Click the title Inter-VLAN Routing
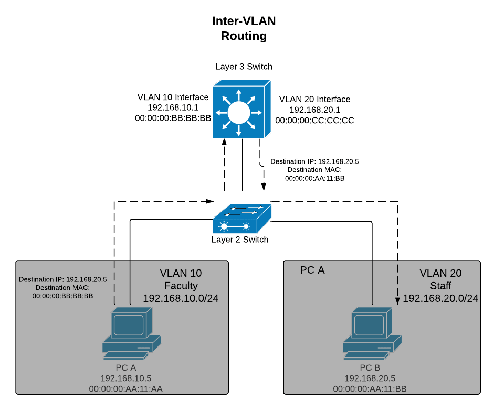tap(244, 28)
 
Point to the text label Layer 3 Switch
tap(244, 67)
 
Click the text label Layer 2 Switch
tap(240, 240)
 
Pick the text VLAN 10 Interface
tap(173, 97)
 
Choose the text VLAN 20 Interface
tap(314, 99)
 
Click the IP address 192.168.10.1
tap(173, 107)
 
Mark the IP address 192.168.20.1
tap(314, 110)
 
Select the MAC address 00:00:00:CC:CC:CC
tap(314, 120)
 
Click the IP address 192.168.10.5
tap(129, 377)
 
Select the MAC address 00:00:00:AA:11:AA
tap(129, 388)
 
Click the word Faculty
tap(181, 286)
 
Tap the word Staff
tap(440, 286)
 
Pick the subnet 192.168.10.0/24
tap(181, 298)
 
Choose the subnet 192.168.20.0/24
tap(440, 298)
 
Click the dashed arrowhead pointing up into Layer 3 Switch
tap(225, 143)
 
